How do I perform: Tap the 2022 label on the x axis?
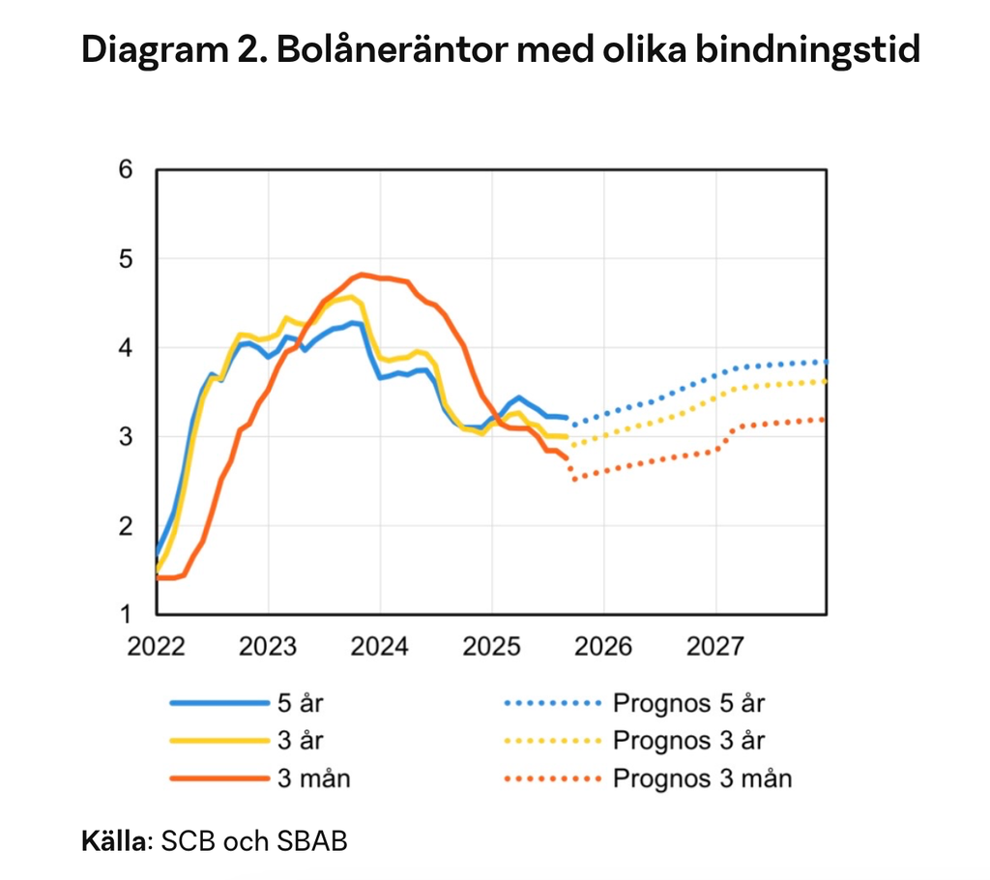(156, 645)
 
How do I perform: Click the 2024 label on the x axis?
(380, 645)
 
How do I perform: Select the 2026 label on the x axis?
(603, 645)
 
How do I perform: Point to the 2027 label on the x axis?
(715, 645)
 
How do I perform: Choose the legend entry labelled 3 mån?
(313, 777)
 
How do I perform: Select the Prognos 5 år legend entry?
(687, 703)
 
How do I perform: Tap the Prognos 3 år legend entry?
(687, 741)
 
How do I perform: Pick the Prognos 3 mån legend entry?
(701, 777)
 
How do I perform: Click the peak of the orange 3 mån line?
(362, 275)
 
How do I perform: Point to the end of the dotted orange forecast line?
(824, 419)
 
